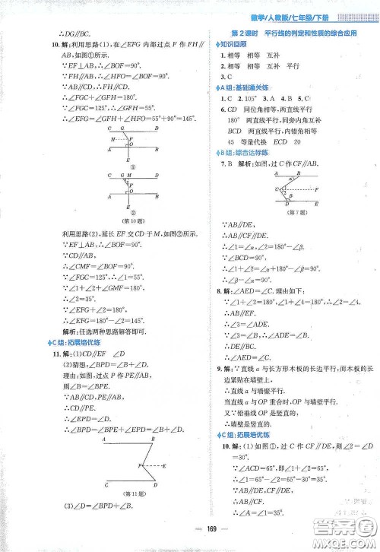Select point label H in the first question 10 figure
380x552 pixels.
pyautogui.click(x=110, y=138)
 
